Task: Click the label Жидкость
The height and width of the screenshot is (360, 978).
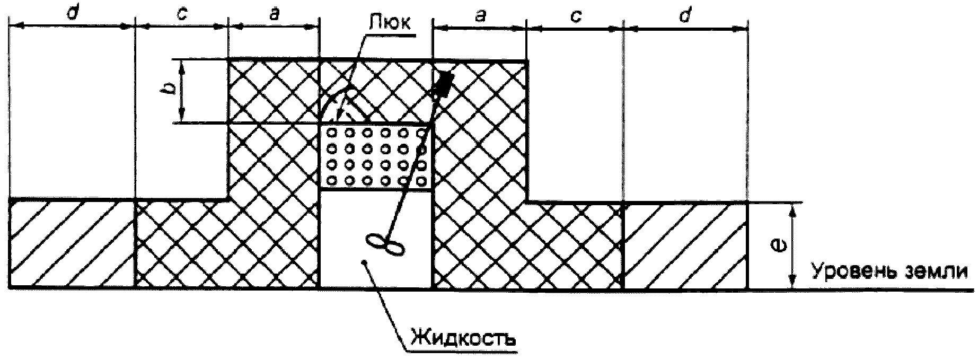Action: [462, 337]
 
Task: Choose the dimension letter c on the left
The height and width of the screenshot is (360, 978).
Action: [181, 15]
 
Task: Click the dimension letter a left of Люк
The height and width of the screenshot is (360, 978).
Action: [274, 14]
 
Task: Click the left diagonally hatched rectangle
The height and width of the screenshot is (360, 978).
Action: [72, 244]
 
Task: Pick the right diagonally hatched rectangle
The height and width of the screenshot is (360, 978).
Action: [686, 245]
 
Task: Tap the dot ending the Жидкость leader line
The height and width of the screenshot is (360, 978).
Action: [363, 262]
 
